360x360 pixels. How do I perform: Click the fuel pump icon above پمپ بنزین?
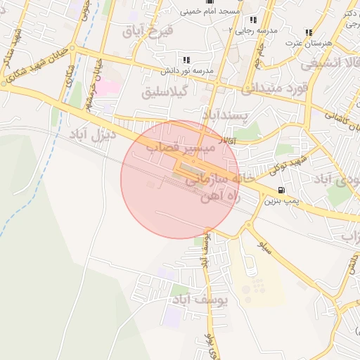tap(281, 190)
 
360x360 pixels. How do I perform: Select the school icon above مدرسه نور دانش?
tap(186, 60)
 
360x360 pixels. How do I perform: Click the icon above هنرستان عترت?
tap(309, 32)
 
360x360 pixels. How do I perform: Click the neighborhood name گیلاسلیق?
tap(163, 91)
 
